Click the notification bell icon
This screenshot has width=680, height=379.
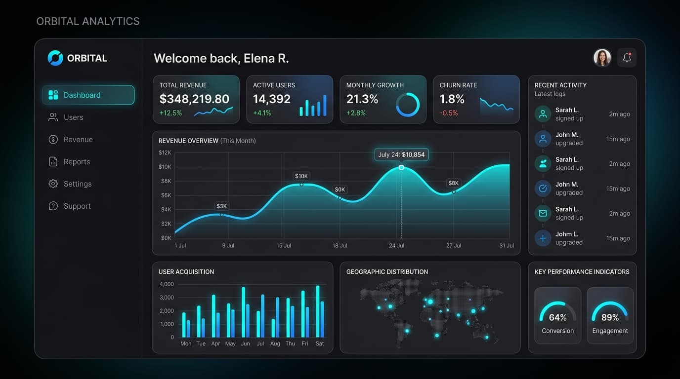click(x=627, y=58)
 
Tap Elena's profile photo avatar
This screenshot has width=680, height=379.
click(x=602, y=58)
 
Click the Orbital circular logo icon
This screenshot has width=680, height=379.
click(x=55, y=58)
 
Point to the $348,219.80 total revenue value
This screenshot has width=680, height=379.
click(x=194, y=99)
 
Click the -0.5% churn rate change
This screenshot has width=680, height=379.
click(x=449, y=113)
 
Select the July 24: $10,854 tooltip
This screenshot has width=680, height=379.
click(x=401, y=154)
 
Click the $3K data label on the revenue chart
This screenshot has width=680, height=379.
click(x=221, y=206)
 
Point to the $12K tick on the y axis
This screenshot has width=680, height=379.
click(x=165, y=152)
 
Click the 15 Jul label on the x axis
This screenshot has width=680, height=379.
click(x=284, y=246)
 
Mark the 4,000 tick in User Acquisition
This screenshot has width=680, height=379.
click(x=167, y=284)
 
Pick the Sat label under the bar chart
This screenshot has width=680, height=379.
click(x=320, y=343)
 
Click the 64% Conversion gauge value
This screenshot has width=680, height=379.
click(x=557, y=317)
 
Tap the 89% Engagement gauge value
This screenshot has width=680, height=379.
click(x=610, y=317)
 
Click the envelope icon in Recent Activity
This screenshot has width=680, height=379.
click(x=543, y=214)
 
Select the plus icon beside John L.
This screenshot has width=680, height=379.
click(x=543, y=238)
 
